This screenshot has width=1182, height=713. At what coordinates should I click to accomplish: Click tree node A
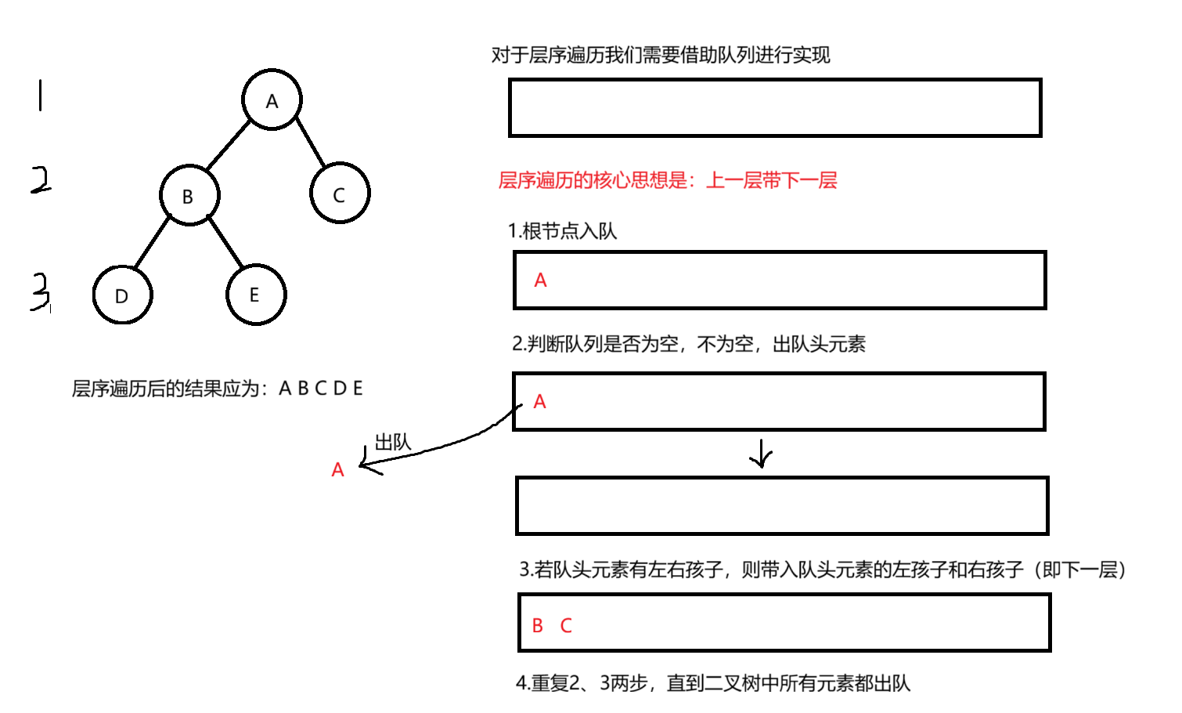[x=272, y=100]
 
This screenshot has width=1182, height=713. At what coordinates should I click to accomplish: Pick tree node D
[x=122, y=295]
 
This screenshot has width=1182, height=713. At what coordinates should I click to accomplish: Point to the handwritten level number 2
[x=41, y=180]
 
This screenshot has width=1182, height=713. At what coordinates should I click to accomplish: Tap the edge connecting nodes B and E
[x=225, y=241]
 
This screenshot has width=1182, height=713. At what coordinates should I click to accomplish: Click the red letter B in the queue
[x=538, y=625]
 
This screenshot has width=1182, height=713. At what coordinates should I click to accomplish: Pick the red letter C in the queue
[x=566, y=625]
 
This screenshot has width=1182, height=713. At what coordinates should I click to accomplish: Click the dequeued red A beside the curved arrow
[x=337, y=469]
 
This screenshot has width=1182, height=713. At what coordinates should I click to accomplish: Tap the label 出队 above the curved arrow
[x=393, y=443]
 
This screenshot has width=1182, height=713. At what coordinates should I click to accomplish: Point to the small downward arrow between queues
[x=760, y=454]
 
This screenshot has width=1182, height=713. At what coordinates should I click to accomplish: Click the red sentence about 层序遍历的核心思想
[x=667, y=180]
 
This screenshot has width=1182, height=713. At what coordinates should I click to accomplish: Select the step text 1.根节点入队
[x=562, y=231]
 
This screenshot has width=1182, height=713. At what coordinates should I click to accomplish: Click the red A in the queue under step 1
[x=540, y=280]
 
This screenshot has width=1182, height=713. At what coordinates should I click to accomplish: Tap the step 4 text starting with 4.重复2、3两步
[x=712, y=683]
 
